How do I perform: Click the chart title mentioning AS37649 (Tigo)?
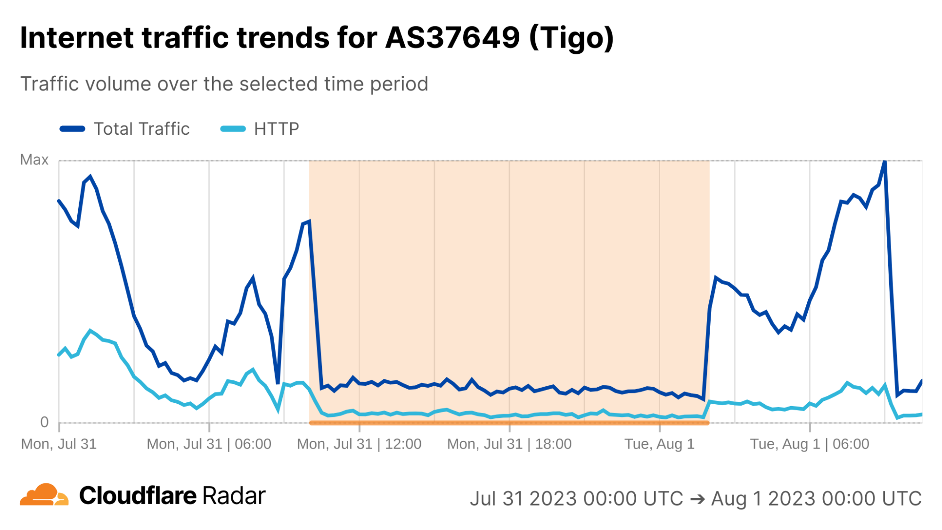(317, 38)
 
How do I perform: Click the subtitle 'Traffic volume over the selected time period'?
(224, 84)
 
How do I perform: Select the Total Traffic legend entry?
(141, 129)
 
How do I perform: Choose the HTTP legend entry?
(276, 129)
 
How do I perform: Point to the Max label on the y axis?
(34, 160)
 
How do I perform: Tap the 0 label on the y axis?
(44, 422)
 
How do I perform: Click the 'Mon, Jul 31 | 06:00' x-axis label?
(209, 444)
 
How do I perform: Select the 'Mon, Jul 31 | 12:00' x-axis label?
(359, 444)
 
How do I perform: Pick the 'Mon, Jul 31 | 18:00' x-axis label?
(509, 444)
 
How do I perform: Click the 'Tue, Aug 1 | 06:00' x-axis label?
(810, 444)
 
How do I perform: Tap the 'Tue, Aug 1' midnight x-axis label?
(659, 444)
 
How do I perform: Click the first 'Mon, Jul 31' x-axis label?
(59, 444)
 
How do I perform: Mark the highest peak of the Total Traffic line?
(885, 162)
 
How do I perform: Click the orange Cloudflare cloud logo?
(44, 495)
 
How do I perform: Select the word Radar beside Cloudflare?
(234, 496)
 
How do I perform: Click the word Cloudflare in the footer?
(138, 496)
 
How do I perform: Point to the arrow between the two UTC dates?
(697, 498)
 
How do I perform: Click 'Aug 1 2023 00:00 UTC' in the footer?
(816, 498)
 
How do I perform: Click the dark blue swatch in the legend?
(72, 129)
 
